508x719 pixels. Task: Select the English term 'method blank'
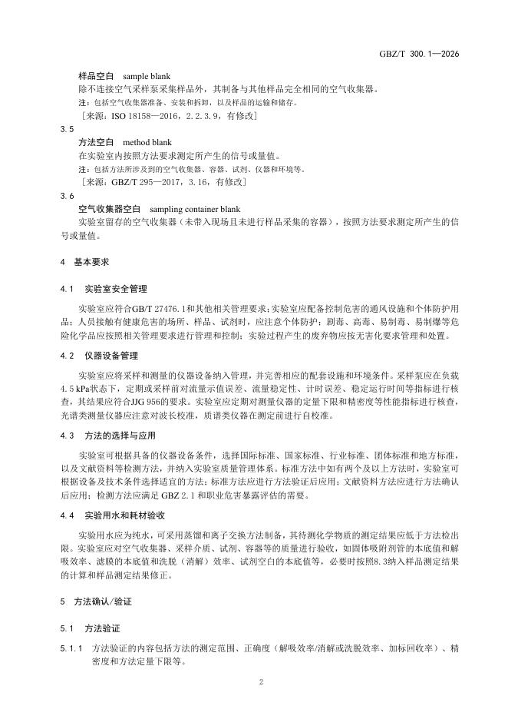[147, 142]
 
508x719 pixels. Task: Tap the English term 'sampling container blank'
[195, 208]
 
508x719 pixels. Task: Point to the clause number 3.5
[66, 130]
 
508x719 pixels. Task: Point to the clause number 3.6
[66, 196]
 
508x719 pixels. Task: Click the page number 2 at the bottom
[261, 681]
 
